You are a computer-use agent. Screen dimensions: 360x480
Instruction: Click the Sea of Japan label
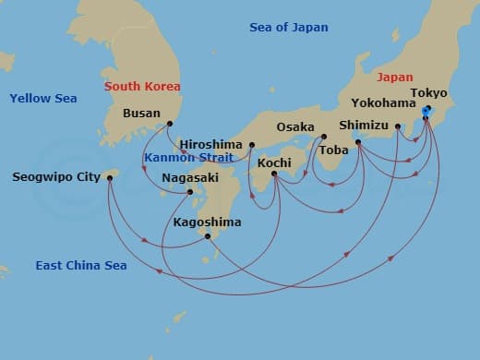289,28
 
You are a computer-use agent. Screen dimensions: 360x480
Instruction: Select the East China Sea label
81,266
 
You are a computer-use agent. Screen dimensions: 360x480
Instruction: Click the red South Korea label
142,86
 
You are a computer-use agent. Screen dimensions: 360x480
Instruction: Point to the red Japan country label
394,78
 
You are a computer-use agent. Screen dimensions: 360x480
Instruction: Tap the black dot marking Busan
170,124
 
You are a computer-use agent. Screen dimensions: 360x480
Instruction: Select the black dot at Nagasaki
190,192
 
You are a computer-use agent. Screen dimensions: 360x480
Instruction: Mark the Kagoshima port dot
208,236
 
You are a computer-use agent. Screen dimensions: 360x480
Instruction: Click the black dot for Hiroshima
251,145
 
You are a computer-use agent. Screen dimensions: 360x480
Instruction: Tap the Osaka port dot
323,138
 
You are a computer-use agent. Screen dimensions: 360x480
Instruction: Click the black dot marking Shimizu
358,141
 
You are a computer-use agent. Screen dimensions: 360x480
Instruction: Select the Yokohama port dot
398,126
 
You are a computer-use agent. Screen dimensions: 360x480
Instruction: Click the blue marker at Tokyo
426,112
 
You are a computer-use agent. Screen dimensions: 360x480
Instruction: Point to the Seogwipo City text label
56,177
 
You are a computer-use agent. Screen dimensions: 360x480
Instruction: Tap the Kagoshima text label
207,222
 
